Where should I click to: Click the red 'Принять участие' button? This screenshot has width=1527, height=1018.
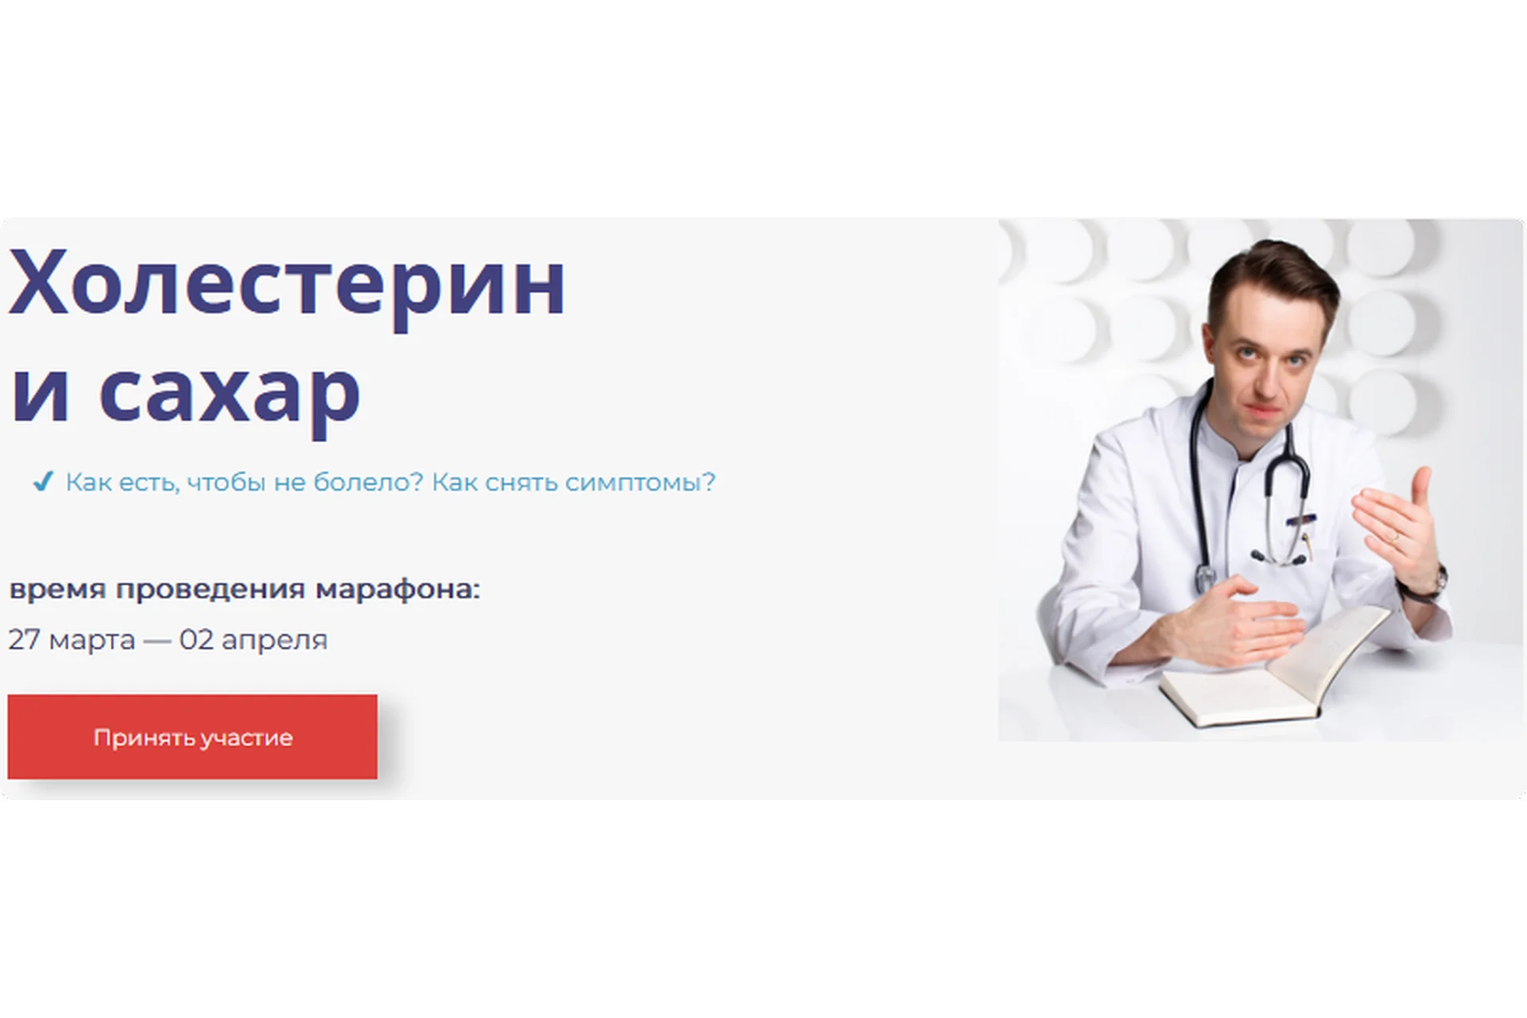pyautogui.click(x=192, y=736)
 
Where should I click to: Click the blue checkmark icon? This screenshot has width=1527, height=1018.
pyautogui.click(x=43, y=481)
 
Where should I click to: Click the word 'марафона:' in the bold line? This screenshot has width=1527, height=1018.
pyautogui.click(x=398, y=590)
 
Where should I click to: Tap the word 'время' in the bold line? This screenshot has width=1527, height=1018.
pyautogui.click(x=57, y=590)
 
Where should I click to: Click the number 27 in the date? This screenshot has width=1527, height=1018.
pyautogui.click(x=24, y=639)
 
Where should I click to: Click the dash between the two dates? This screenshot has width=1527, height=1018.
pyautogui.click(x=157, y=640)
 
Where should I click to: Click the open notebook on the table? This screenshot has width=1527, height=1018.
pyautogui.click(x=1272, y=668)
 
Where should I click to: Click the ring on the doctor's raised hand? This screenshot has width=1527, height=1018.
pyautogui.click(x=1393, y=538)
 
